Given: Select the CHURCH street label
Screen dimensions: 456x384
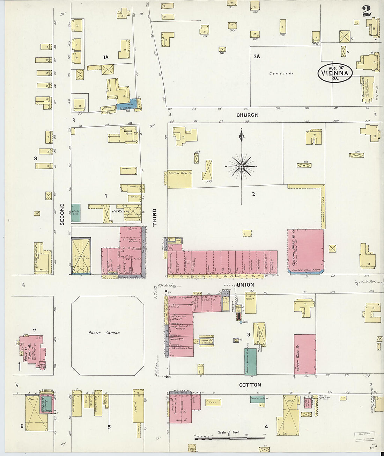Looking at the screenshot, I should tap(247, 115).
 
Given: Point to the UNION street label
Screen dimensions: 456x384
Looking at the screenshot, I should tap(245, 285).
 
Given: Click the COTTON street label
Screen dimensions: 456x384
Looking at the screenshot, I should tap(250, 385).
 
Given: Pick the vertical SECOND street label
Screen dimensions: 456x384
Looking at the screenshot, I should tap(62, 214).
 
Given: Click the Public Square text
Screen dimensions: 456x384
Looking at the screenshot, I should tap(104, 333).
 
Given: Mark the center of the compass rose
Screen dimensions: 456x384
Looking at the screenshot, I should tap(241, 166).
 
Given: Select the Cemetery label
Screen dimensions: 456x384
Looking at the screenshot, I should tap(281, 73).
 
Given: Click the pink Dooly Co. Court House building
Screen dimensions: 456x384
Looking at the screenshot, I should tap(31, 351).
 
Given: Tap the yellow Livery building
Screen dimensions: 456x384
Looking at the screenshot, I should tap(81, 255).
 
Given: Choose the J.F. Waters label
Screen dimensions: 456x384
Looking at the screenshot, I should tap(120, 211).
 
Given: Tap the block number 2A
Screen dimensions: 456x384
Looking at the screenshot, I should tap(257, 56).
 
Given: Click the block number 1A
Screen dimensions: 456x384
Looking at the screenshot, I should tap(106, 57).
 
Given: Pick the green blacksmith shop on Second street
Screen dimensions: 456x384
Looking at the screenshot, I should tap(76, 212).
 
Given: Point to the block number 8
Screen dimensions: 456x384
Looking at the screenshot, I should tap(35, 159).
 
